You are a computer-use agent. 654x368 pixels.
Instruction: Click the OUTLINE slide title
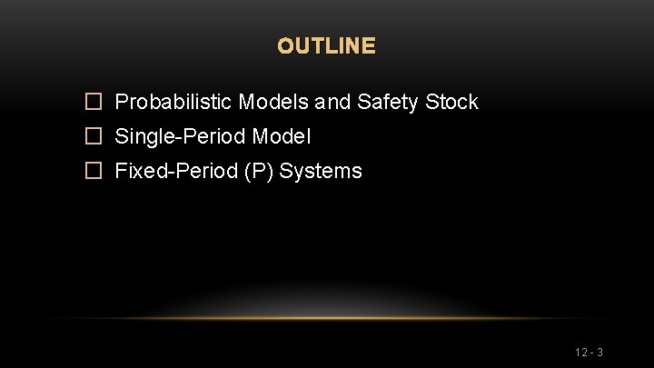point(326,45)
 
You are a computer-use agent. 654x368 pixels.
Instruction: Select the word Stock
point(451,102)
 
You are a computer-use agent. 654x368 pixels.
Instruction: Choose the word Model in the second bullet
point(281,137)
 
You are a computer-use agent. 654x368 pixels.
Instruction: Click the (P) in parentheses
point(257,172)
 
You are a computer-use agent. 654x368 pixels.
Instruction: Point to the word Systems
point(321,172)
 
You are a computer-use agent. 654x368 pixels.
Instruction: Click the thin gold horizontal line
point(327,318)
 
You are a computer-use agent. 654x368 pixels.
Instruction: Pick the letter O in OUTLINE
point(285,45)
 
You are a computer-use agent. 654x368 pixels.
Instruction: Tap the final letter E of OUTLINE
point(368,45)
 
